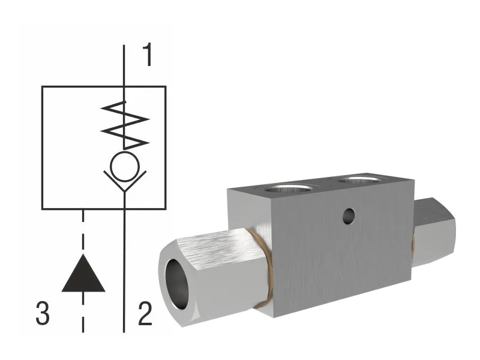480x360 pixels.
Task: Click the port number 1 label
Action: (x=148, y=56)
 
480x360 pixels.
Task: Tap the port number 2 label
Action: (x=145, y=314)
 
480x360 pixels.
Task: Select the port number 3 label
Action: (x=42, y=314)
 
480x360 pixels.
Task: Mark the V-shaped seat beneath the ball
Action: (x=124, y=181)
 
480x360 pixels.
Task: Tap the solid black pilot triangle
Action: (x=83, y=273)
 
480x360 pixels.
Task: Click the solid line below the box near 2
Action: (x=124, y=270)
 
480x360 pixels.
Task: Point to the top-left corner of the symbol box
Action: (x=42, y=86)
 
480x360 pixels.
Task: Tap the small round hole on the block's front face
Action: (x=346, y=214)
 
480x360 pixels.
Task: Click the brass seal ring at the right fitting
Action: (x=413, y=240)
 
